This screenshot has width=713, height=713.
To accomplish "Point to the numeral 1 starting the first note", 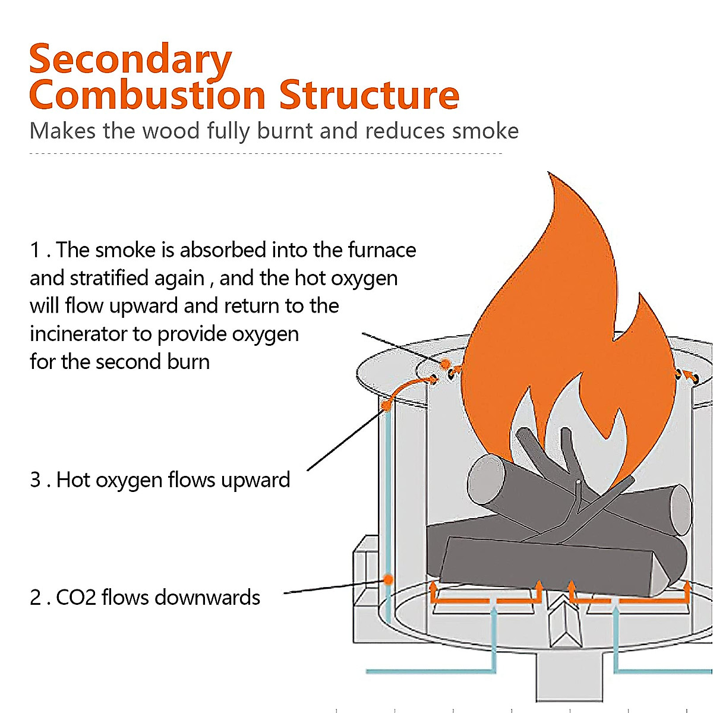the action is [x=35, y=250].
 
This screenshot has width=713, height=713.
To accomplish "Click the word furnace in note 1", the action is [x=382, y=250].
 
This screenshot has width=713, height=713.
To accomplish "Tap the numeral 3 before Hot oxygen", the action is [x=35, y=480].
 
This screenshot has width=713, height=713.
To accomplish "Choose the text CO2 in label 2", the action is [x=76, y=598].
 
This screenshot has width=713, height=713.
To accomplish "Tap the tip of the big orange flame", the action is [x=548, y=173].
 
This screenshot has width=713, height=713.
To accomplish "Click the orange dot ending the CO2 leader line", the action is [x=388, y=580].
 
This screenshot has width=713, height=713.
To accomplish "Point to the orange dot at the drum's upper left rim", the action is [x=386, y=406].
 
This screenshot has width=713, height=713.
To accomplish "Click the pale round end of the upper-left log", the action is [x=486, y=479].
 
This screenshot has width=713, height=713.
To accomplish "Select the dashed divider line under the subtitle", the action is [x=266, y=153].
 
